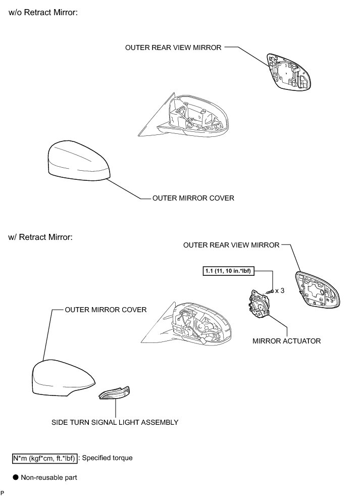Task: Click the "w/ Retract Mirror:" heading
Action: [41, 237]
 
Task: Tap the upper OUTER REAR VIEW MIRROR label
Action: [173, 47]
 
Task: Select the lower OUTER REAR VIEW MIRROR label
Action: [231, 245]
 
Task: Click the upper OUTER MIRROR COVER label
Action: [193, 198]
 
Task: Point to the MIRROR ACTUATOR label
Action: [286, 341]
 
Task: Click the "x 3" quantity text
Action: [280, 290]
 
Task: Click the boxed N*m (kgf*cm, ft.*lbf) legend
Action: [45, 458]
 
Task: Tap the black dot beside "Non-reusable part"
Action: [16, 477]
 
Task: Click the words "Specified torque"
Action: [107, 458]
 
